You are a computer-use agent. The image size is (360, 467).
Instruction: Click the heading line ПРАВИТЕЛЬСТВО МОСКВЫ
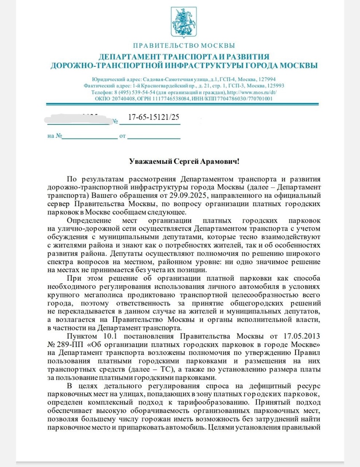[x=184, y=46]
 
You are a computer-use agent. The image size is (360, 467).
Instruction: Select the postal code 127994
[x=267, y=78]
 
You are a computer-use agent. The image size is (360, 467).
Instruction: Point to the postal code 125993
[x=274, y=86]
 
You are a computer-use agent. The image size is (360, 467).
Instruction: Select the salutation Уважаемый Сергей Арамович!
[x=184, y=161]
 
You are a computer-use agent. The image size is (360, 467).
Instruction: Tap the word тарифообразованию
[x=214, y=403]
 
